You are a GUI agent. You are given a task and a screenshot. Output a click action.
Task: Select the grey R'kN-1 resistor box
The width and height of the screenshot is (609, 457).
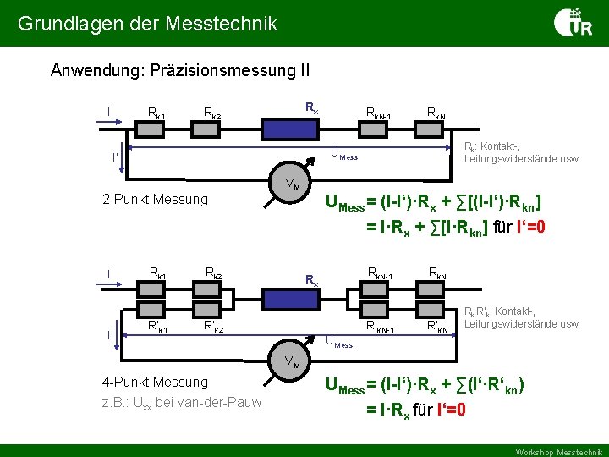pos(377,310)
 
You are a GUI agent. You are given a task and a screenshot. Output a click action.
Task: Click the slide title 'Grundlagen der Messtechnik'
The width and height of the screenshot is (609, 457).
pos(148,24)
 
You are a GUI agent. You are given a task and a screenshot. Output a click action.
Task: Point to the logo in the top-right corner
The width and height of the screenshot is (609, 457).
pos(573,22)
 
